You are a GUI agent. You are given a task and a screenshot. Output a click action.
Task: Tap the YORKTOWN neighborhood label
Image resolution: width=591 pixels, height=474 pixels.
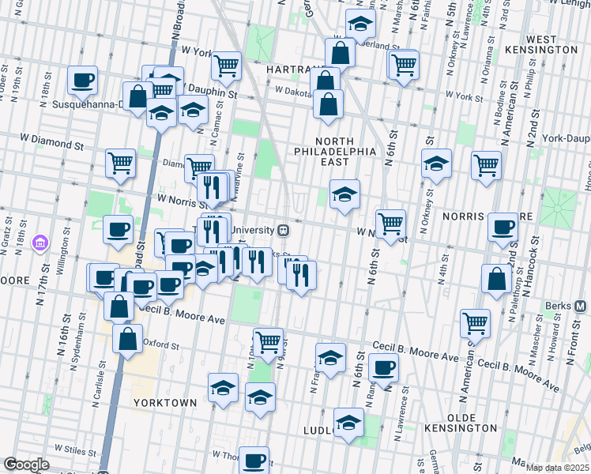pos(164,402)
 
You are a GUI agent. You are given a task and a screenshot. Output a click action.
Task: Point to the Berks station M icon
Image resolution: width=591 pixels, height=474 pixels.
pos(581,306)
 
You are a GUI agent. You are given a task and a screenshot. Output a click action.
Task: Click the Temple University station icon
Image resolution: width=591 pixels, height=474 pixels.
pos(282,230)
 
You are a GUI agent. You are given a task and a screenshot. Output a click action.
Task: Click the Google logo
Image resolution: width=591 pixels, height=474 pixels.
pos(26,465)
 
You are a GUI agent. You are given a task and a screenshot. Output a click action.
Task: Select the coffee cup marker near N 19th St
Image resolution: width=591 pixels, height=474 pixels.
pos(82,79)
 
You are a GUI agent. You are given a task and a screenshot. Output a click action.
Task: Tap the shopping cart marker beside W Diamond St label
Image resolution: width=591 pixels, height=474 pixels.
pos(121,164)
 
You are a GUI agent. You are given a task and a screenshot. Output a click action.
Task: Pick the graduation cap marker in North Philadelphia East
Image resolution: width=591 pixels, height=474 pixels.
pos(344,194)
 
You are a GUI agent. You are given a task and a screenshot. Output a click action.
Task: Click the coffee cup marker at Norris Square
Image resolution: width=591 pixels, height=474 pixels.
pos(503,227)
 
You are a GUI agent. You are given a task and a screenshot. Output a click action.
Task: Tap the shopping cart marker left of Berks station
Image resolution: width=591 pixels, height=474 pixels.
pos(475,322)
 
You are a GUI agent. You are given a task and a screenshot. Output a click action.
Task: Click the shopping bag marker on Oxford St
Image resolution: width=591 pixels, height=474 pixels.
pos(127,338)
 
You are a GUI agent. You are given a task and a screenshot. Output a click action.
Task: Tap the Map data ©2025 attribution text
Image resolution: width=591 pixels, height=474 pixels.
pos(555,468)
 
